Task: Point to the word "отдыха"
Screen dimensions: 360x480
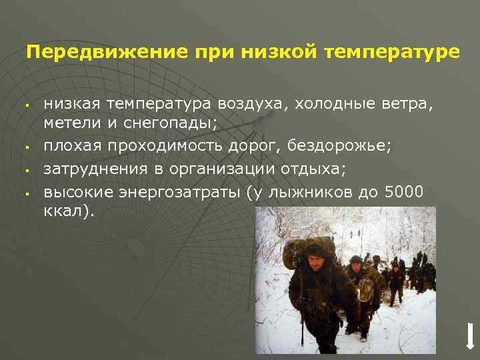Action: click(311, 169)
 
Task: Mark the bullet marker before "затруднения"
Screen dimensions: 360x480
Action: click(24, 170)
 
